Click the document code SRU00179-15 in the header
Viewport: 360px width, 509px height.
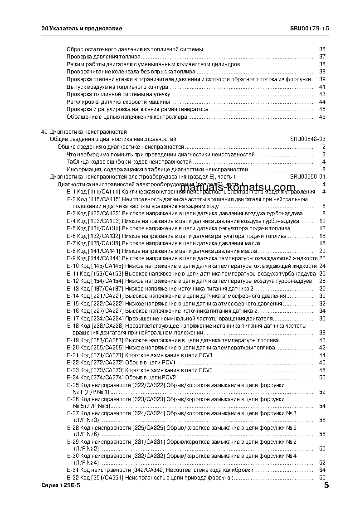[309, 28]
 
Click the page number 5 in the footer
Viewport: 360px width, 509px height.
[326, 486]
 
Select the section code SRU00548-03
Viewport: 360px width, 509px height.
[308, 139]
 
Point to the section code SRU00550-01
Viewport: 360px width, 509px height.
[308, 177]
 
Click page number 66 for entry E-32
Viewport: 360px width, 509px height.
[322, 478]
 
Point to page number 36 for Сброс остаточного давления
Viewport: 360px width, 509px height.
[322, 49]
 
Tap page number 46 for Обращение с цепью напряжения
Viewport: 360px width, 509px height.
[322, 117]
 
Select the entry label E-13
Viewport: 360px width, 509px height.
[73, 289]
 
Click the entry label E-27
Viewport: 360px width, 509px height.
[73, 413]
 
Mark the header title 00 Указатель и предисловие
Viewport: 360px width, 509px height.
[82, 28]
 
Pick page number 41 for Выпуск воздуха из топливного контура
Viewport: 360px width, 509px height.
[322, 87]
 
